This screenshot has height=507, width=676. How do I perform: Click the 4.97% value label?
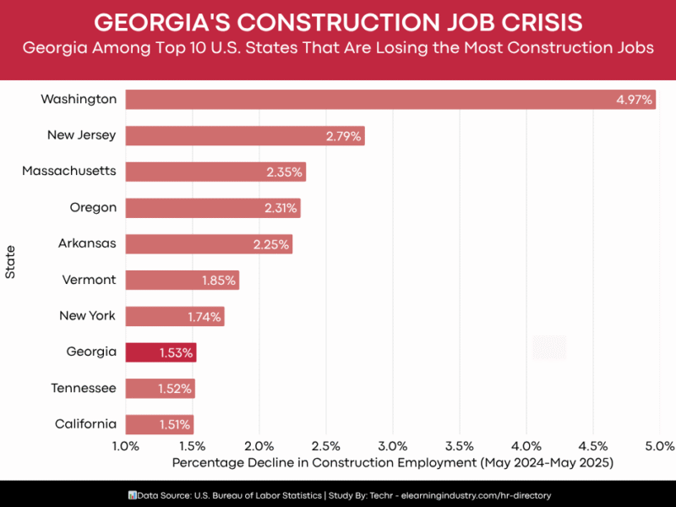(x=634, y=100)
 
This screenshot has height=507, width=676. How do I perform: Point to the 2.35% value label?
(x=284, y=172)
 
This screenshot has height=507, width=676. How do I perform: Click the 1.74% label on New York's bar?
(x=204, y=317)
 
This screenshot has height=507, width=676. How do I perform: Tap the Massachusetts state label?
(x=69, y=172)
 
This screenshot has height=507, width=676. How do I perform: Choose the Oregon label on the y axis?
(x=93, y=207)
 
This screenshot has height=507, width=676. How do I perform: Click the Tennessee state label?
(x=84, y=388)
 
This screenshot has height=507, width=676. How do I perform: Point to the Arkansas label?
(x=87, y=243)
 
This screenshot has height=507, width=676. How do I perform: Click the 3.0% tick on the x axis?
(x=393, y=445)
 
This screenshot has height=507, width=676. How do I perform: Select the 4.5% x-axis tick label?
(x=593, y=445)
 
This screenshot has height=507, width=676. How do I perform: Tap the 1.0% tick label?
(x=126, y=445)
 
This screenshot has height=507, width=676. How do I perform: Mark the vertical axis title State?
(x=10, y=262)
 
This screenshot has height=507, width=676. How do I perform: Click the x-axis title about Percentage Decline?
(x=392, y=463)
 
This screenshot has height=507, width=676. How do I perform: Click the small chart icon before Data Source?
(x=132, y=494)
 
